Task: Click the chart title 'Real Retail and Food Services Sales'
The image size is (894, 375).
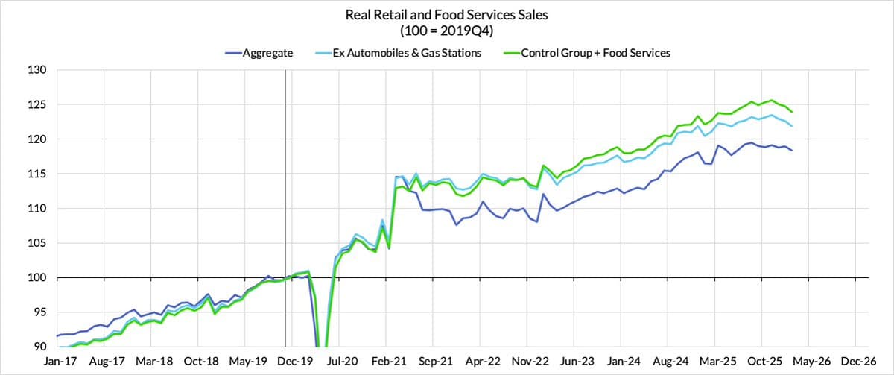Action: coord(446,14)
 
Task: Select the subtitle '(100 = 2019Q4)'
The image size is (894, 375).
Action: coord(446,31)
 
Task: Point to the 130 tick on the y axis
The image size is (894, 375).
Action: coord(38,70)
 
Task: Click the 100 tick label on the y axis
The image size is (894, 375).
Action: coord(38,278)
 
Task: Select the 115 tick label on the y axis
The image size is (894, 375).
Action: coord(38,174)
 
